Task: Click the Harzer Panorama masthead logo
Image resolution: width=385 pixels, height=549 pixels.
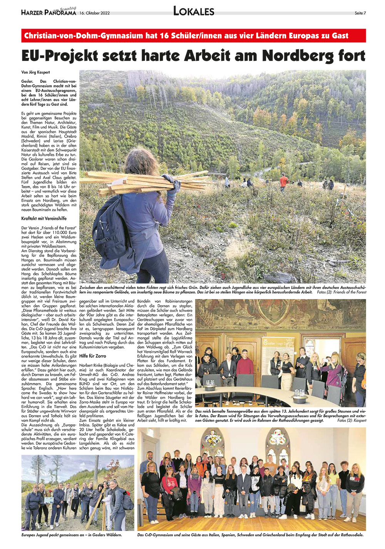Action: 49,12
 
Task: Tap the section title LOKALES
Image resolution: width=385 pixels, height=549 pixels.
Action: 194,12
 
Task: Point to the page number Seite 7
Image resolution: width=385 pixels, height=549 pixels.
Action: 360,13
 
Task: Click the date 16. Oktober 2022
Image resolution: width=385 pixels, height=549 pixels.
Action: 95,13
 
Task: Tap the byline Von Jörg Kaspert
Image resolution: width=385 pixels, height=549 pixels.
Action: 35,72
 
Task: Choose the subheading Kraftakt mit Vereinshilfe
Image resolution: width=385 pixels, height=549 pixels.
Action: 44,219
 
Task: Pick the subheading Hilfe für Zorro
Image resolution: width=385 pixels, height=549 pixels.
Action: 92,356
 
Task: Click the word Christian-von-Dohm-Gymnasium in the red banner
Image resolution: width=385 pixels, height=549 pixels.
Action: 84,36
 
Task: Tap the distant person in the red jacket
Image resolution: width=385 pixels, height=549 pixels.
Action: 284,181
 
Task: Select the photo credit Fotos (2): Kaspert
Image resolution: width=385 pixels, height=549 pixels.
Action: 352,420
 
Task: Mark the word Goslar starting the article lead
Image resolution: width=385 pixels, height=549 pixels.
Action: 27,82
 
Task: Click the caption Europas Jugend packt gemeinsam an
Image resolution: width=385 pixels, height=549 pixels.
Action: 72,535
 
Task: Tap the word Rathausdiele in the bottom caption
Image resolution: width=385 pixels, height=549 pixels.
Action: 351,535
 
